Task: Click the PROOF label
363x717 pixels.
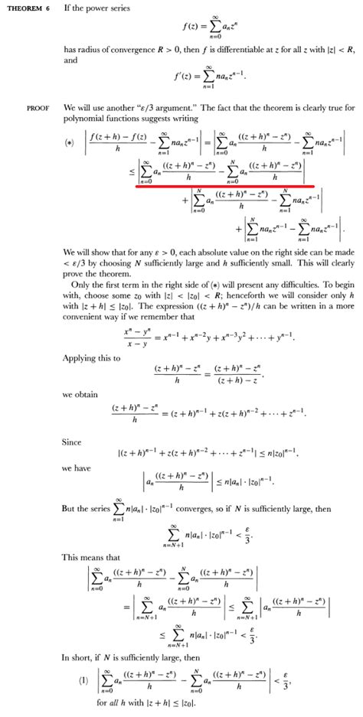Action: pos(38,108)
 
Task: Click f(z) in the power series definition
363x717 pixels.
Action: pos(190,27)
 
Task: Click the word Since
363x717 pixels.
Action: pos(71,442)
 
